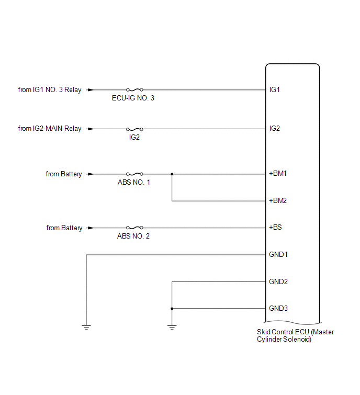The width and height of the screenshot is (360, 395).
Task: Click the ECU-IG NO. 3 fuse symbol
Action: point(135,89)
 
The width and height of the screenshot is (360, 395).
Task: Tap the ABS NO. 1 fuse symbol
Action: point(135,174)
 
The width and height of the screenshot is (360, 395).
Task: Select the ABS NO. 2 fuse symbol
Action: point(135,228)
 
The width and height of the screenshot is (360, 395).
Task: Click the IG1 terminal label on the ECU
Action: point(274,89)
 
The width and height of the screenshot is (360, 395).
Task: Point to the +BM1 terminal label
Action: point(278,174)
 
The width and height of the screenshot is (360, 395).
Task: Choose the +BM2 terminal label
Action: point(278,200)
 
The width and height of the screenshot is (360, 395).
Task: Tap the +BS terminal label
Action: point(275,227)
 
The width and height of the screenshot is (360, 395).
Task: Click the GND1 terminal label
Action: point(278,254)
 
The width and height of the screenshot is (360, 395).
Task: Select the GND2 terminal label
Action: point(278,281)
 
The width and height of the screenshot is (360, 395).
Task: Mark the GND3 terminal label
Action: point(278,308)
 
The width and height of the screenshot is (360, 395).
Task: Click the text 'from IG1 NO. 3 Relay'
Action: point(50,89)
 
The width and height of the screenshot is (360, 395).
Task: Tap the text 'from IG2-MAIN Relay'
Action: point(50,129)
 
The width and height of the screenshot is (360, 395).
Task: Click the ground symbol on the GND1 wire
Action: point(86,327)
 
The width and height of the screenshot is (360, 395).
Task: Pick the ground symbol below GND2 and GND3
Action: point(172,327)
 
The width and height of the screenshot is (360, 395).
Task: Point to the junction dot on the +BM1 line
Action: point(172,174)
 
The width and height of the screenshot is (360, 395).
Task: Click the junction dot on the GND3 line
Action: point(172,309)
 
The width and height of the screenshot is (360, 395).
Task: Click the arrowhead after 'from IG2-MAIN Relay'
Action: point(90,129)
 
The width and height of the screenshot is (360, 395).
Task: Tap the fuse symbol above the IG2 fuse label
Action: point(135,129)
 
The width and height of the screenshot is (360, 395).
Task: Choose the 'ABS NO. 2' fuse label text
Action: point(133,236)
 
